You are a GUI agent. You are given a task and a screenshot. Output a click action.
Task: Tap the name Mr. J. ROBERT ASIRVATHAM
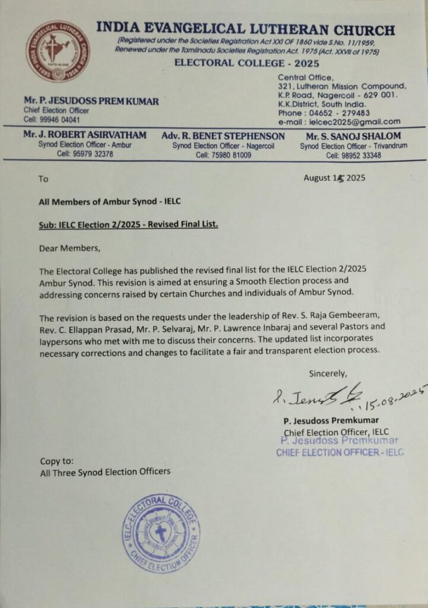(x=84, y=136)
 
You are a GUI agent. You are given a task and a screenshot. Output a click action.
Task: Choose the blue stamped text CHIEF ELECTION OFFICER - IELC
(x=340, y=452)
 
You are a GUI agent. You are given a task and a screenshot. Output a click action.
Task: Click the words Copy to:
(x=57, y=461)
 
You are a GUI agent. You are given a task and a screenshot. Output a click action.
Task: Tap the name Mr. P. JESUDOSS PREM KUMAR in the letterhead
(x=91, y=101)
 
